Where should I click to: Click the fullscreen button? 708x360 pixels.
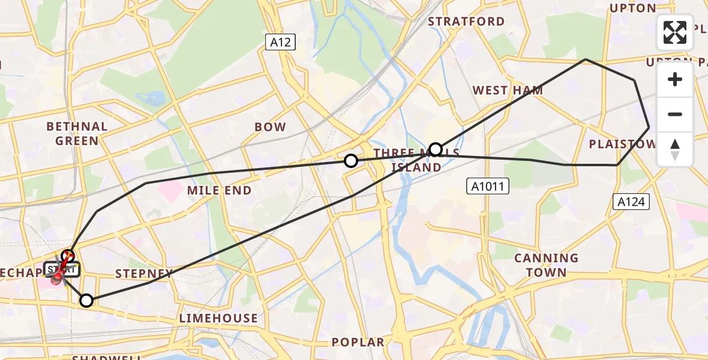675,32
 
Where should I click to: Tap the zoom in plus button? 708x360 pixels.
675,79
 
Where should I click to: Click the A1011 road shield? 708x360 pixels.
487,187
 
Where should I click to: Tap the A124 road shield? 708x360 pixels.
632,202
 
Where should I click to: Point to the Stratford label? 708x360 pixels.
466,22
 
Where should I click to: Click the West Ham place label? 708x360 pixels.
508,91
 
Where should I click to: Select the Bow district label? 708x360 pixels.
270,127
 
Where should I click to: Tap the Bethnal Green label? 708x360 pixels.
77,134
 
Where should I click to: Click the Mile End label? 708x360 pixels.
219,190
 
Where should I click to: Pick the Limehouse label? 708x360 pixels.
218,318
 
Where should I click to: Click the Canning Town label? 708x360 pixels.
546,265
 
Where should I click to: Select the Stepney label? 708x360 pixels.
144,274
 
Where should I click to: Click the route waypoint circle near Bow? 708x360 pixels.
351,161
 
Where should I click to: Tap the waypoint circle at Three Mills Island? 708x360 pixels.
436,149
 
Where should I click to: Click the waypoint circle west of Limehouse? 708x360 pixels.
87,301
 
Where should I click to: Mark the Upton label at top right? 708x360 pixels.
632,8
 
